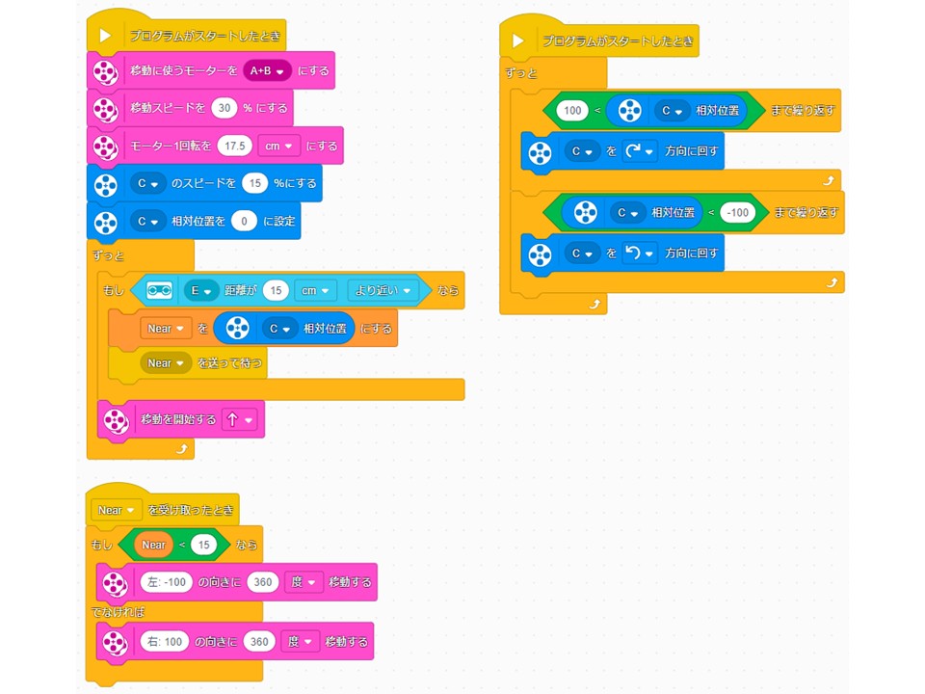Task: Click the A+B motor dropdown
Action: tap(268, 71)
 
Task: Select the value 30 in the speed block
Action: tap(225, 108)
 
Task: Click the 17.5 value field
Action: tap(234, 146)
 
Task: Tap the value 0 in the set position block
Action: tap(245, 221)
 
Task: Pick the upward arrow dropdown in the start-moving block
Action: tap(239, 420)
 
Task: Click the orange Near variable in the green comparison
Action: tap(154, 545)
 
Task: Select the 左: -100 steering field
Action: tap(165, 582)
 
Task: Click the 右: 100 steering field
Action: tap(164, 641)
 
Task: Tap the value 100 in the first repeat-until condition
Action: tap(572, 111)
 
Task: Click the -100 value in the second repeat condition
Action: tap(737, 212)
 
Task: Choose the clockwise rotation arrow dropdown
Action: tap(640, 151)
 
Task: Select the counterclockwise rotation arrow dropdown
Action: tap(640, 254)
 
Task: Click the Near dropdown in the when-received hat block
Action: tap(116, 510)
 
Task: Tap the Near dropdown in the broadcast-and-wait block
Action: tap(166, 363)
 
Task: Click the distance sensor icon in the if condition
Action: tap(159, 290)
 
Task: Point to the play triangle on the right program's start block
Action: tap(518, 41)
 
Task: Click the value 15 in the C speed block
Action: tap(254, 183)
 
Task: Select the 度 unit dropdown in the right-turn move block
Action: tap(301, 641)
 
